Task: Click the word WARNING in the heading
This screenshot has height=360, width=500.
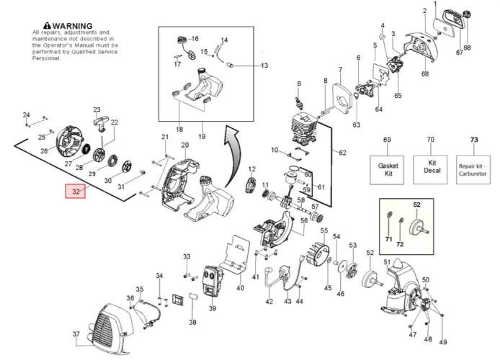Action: [72, 25]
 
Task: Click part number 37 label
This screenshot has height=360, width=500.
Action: [76, 334]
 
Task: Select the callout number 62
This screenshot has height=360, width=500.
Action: [342, 153]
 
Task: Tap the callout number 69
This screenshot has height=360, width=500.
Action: [387, 139]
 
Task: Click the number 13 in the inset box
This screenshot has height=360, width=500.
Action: [264, 66]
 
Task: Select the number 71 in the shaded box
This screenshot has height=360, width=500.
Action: [388, 238]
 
